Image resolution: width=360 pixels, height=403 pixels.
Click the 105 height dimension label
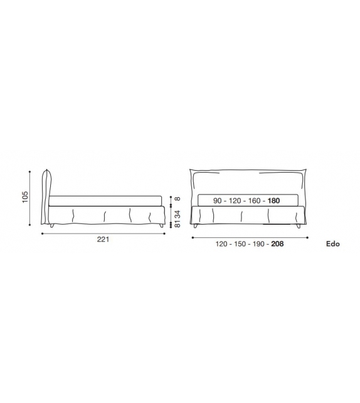[25, 197]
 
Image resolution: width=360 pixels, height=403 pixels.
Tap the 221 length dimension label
[103, 240]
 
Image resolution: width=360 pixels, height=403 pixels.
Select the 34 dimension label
[177, 214]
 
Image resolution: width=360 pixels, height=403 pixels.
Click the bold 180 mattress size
[273, 201]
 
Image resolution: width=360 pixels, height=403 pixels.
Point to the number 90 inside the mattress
[217, 201]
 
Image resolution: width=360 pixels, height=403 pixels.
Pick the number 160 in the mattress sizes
[255, 201]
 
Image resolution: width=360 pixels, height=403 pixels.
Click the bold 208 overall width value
[278, 244]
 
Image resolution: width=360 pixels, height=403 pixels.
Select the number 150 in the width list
[240, 244]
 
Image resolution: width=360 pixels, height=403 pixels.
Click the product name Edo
[333, 244]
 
